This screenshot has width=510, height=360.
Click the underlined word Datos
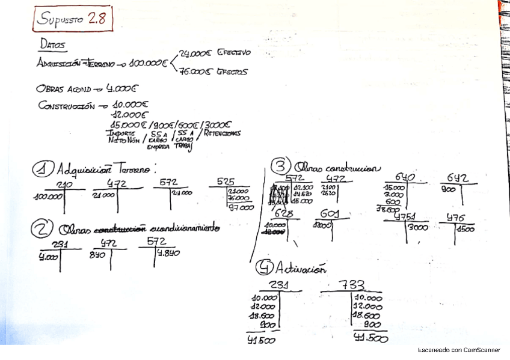pyautogui.click(x=53, y=44)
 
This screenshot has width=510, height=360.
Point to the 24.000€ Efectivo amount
pyautogui.click(x=215, y=53)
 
